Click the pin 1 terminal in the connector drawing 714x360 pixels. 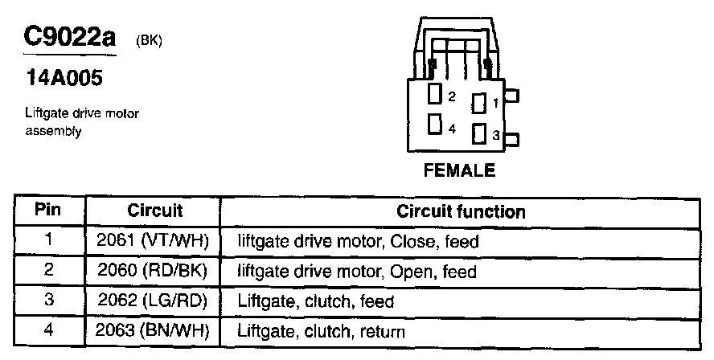coord(479,104)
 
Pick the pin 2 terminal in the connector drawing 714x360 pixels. coord(435,95)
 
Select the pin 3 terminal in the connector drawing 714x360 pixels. coord(479,134)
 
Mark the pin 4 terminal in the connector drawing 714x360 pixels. coord(435,125)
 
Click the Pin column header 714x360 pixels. coord(48,211)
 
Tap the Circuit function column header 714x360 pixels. coord(461,212)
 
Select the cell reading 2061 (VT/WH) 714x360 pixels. coord(153,240)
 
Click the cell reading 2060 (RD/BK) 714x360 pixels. coord(153,272)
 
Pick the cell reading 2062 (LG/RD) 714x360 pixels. coord(153,301)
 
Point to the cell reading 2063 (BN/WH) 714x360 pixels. coord(153,331)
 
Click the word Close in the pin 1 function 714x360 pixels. coord(412,240)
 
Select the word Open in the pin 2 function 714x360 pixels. coord(409,272)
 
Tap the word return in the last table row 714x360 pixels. coord(382,331)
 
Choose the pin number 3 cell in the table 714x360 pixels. coord(48,301)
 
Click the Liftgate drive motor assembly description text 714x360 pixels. coord(82,121)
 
